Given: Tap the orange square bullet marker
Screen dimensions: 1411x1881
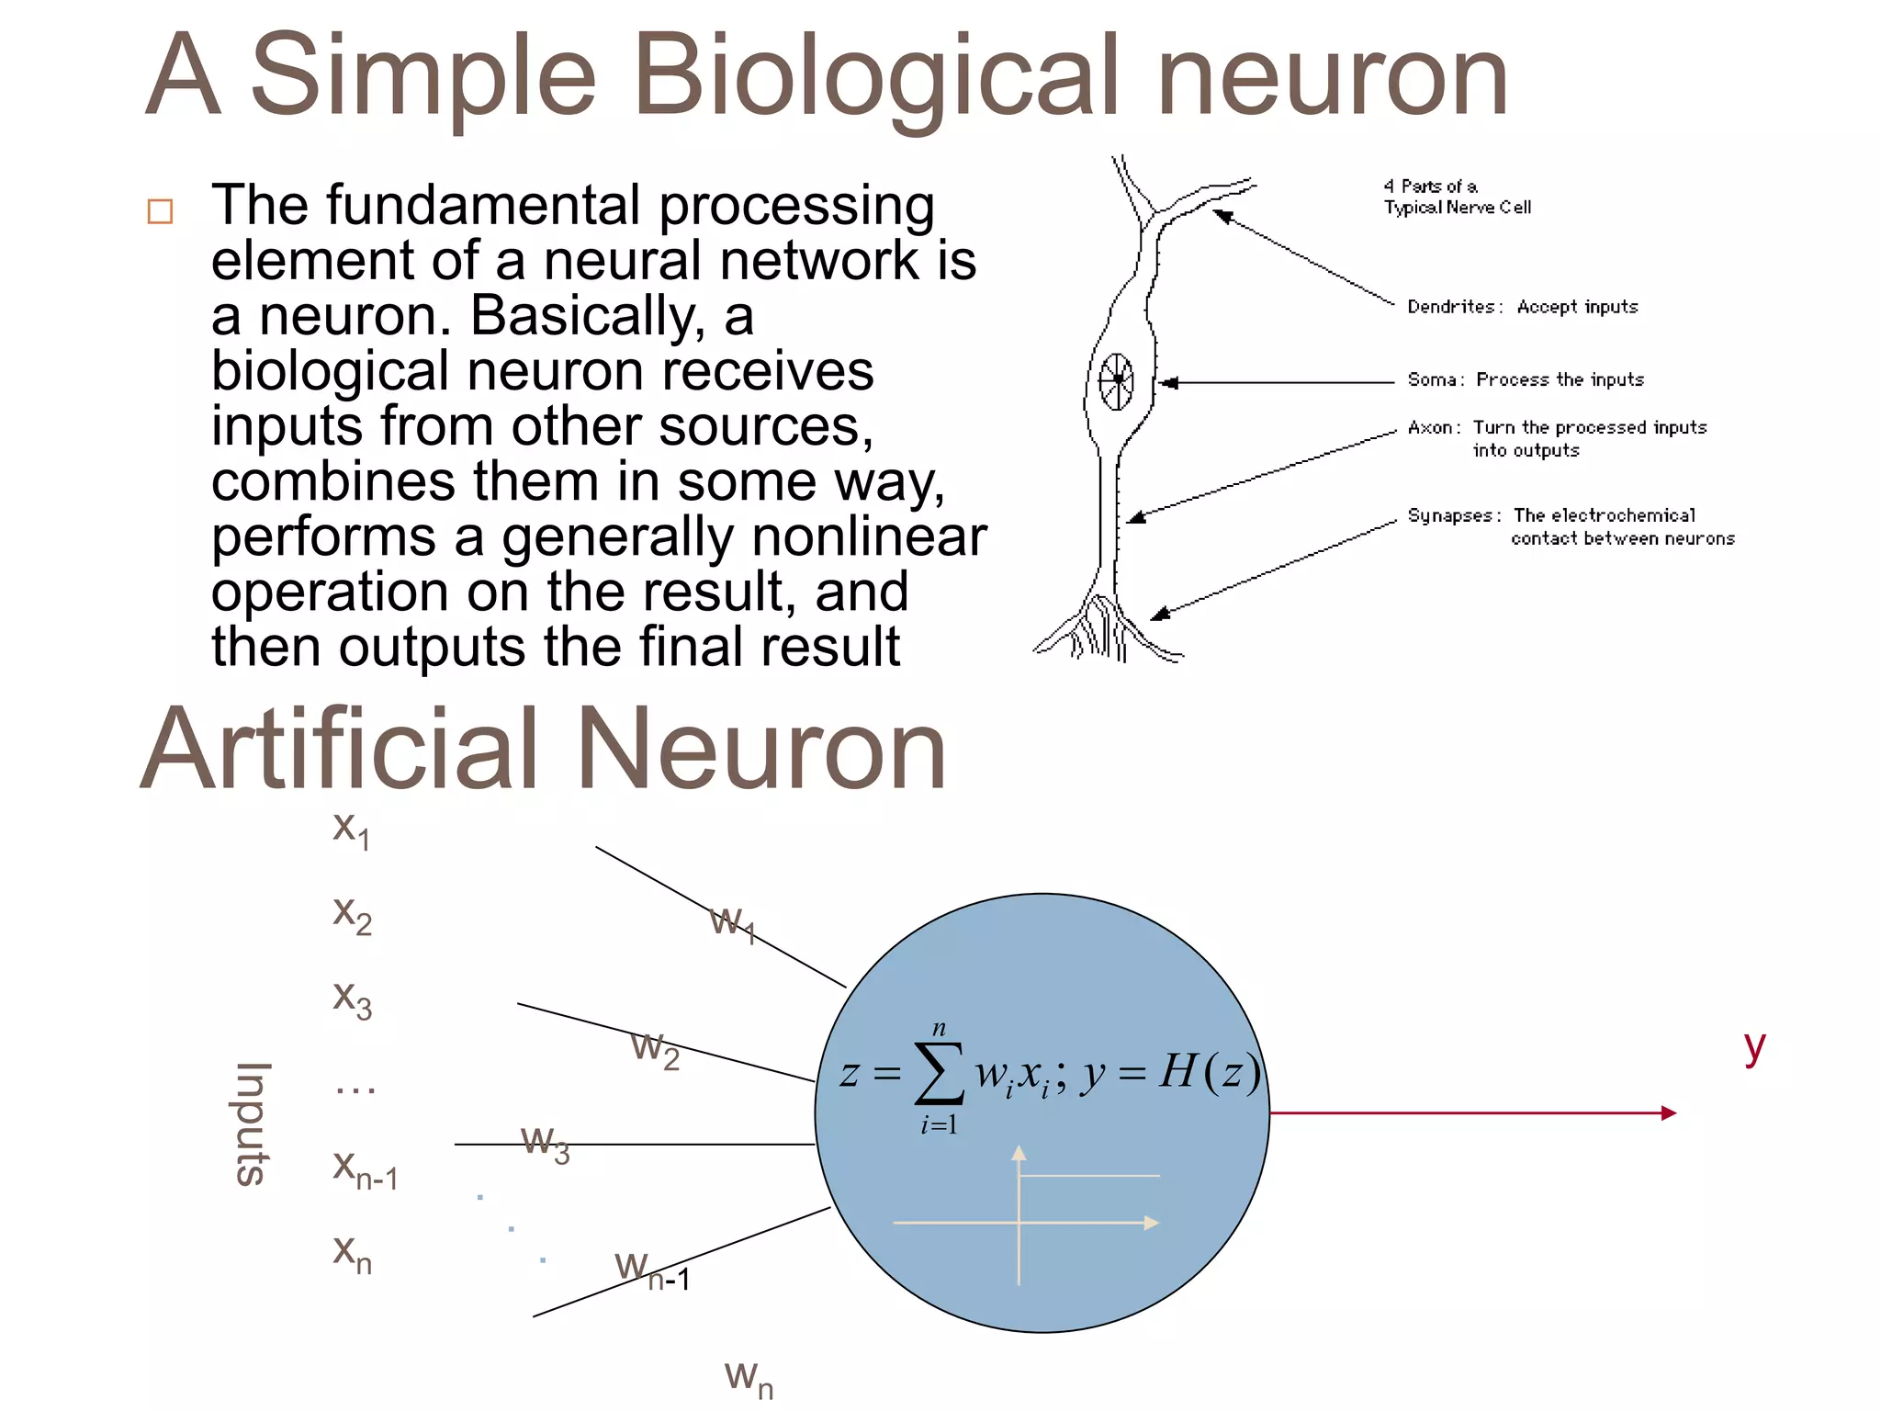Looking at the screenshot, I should click(160, 211).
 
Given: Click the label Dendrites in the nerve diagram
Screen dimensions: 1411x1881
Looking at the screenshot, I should click(1451, 307).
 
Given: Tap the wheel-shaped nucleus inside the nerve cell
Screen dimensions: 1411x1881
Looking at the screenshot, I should click(1117, 380).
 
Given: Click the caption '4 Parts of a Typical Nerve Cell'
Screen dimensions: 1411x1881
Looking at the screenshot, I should click(1457, 197).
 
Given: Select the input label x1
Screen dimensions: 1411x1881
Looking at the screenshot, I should click(351, 830).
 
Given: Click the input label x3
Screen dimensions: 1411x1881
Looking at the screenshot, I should click(352, 999).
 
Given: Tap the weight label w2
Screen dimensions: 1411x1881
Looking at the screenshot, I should click(655, 1049).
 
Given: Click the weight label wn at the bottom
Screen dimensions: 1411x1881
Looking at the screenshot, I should click(749, 1378).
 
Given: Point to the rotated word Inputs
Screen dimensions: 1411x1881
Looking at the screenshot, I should click(252, 1123).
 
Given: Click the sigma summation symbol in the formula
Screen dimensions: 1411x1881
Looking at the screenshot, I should click(939, 1073).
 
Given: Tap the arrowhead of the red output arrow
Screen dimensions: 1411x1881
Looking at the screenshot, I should click(1668, 1112).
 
